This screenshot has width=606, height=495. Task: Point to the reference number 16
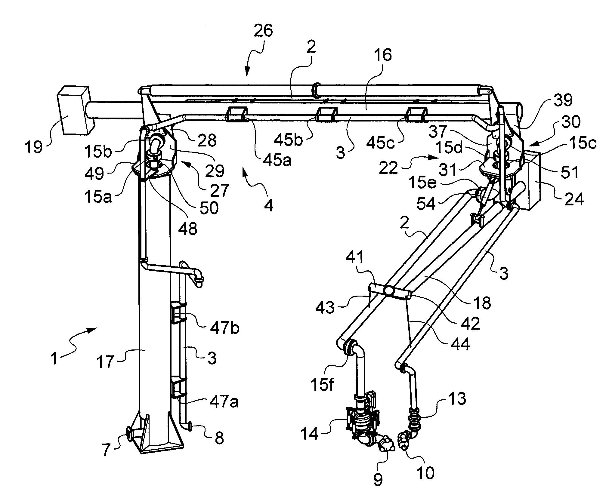382,56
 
